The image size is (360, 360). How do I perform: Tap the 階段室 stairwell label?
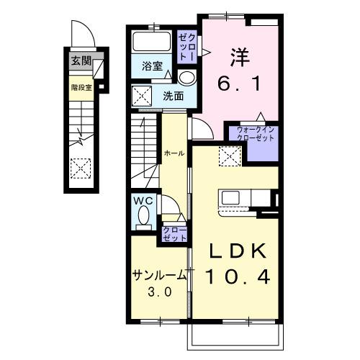[x=81, y=88]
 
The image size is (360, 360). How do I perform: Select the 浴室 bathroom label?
[x=152, y=66]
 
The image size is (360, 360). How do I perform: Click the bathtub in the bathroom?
[x=152, y=42]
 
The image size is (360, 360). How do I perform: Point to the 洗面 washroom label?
[x=174, y=96]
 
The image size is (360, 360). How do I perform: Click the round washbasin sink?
[x=187, y=78]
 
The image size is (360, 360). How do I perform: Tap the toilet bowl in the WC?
[x=144, y=215]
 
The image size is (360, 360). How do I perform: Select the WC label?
[x=143, y=201]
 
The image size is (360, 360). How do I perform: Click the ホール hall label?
[x=174, y=153]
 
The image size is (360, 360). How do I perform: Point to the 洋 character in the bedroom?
[x=240, y=58]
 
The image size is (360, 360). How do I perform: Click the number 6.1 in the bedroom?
[x=239, y=84]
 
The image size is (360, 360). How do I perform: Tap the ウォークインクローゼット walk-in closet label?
[x=256, y=134]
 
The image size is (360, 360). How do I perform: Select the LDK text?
[x=238, y=251]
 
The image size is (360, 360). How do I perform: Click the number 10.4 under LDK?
[x=238, y=276]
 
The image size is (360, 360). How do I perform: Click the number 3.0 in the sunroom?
[x=160, y=292]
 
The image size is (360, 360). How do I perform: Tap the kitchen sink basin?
[x=230, y=198]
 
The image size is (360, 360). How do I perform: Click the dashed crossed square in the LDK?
[x=230, y=156]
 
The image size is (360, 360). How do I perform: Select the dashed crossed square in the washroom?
[x=143, y=96]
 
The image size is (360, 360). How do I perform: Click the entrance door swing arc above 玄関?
[x=91, y=31]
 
